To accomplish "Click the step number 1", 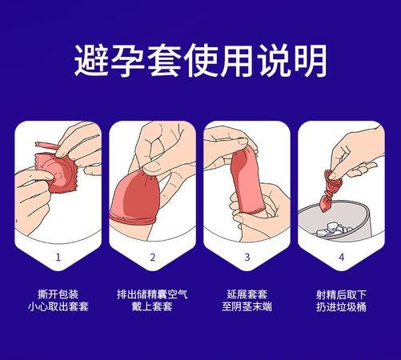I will click(x=59, y=258).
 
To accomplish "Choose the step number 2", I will click(x=152, y=258).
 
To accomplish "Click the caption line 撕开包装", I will click(x=59, y=292).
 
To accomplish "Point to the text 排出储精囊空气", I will click(x=152, y=292).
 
